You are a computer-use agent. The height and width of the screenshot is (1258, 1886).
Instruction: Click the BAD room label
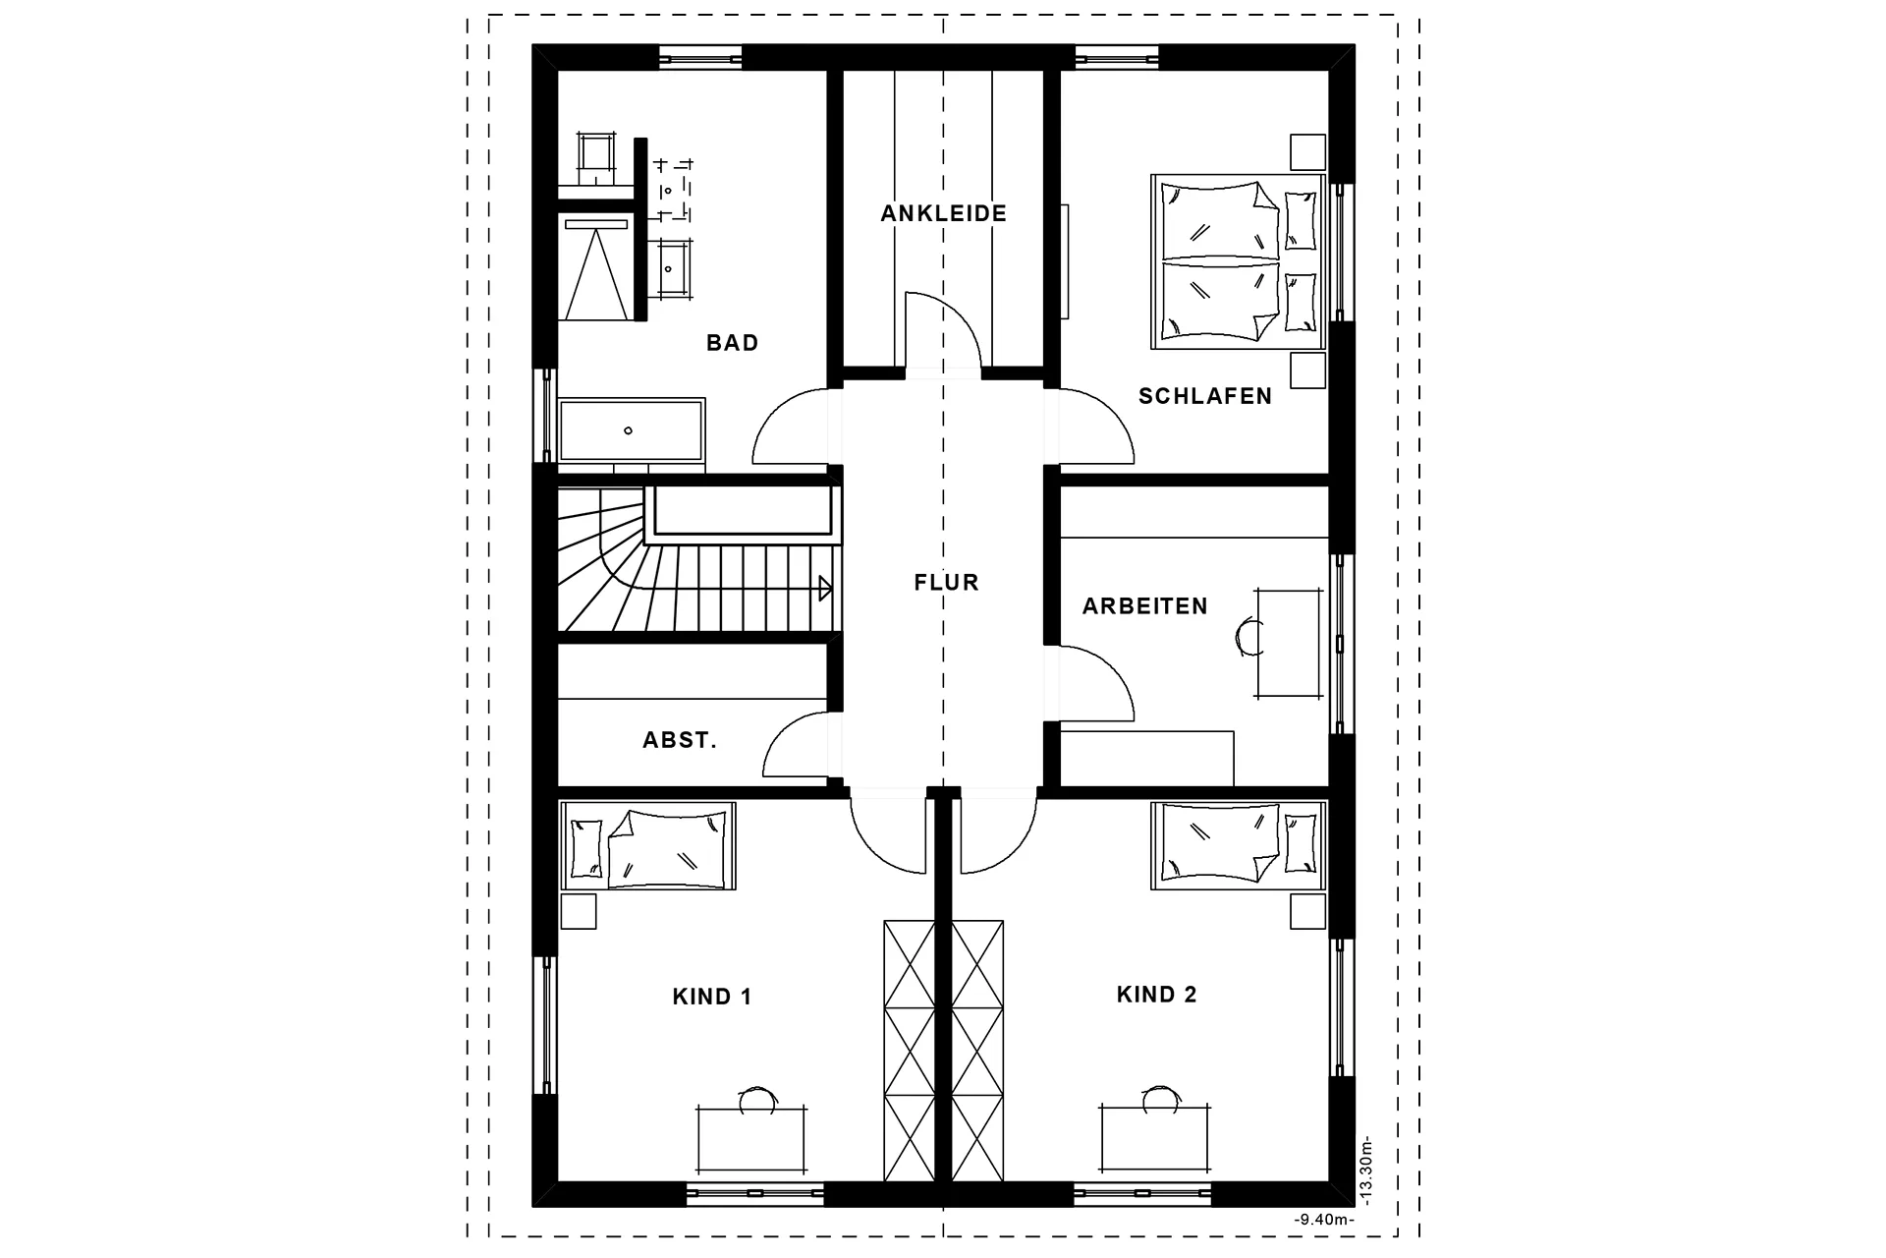tap(732, 343)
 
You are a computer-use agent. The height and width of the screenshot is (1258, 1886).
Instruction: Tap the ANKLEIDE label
tap(944, 213)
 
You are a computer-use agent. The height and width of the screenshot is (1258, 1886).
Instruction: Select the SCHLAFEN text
tap(1205, 396)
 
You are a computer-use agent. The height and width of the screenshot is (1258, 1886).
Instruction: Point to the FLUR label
tap(946, 583)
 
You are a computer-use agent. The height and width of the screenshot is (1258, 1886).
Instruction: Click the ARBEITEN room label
tap(1145, 606)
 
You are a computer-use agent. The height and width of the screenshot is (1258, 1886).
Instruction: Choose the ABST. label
tap(680, 740)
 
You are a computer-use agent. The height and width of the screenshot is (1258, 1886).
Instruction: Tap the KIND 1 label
tap(712, 997)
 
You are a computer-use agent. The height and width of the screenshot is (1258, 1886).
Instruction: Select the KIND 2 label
tap(1157, 995)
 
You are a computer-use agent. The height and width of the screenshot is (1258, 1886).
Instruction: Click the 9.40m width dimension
tap(1324, 1220)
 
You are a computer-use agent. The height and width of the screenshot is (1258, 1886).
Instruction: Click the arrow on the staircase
tap(825, 589)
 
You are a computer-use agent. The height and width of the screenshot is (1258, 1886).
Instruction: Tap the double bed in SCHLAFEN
tap(1238, 261)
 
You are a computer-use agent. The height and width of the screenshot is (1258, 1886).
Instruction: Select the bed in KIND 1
tap(648, 846)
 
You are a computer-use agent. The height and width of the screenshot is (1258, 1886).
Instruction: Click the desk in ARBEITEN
tap(1289, 644)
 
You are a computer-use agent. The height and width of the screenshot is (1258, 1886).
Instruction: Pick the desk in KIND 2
tap(1155, 1139)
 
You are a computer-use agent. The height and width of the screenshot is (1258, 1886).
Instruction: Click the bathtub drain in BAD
tap(629, 430)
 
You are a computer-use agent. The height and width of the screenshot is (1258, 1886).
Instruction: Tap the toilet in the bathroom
tap(597, 159)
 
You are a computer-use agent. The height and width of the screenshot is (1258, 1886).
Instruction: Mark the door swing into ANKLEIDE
tap(943, 329)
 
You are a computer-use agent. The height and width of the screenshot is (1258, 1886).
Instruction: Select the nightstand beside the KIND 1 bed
tap(578, 911)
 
